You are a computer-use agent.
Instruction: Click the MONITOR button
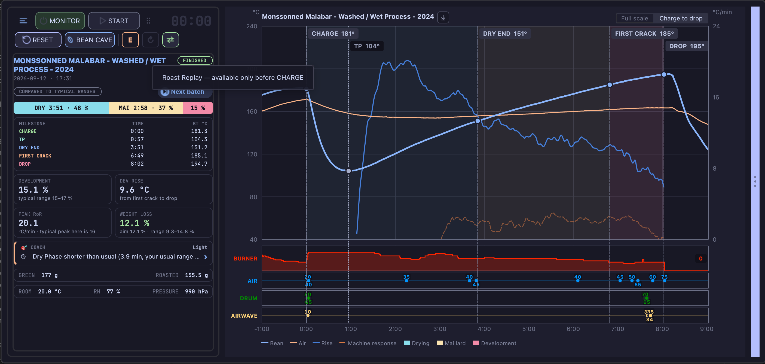(60, 21)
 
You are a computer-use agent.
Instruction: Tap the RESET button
(38, 40)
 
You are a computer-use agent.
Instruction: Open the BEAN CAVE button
(90, 40)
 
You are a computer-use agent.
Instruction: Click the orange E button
(130, 40)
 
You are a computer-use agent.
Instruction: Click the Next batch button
(185, 92)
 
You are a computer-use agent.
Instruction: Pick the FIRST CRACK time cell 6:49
(137, 156)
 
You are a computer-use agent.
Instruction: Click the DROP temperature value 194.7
(199, 164)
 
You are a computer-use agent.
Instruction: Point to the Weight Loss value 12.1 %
(134, 223)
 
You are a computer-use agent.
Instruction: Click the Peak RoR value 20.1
(28, 223)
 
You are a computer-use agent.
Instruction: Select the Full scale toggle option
(634, 19)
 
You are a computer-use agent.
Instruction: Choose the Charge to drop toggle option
(681, 19)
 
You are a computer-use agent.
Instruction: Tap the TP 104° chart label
(367, 46)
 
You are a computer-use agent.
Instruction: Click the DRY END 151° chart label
(504, 34)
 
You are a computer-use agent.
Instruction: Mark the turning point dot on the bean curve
(349, 171)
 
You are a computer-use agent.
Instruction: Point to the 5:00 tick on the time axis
(529, 329)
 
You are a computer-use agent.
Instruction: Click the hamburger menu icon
(23, 21)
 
